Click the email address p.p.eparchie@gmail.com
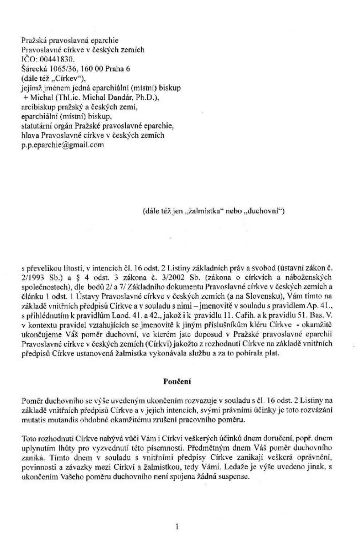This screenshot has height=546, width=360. tap(62, 145)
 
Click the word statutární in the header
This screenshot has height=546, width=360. tap(35, 126)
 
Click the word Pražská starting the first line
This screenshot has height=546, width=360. tap(33, 40)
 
